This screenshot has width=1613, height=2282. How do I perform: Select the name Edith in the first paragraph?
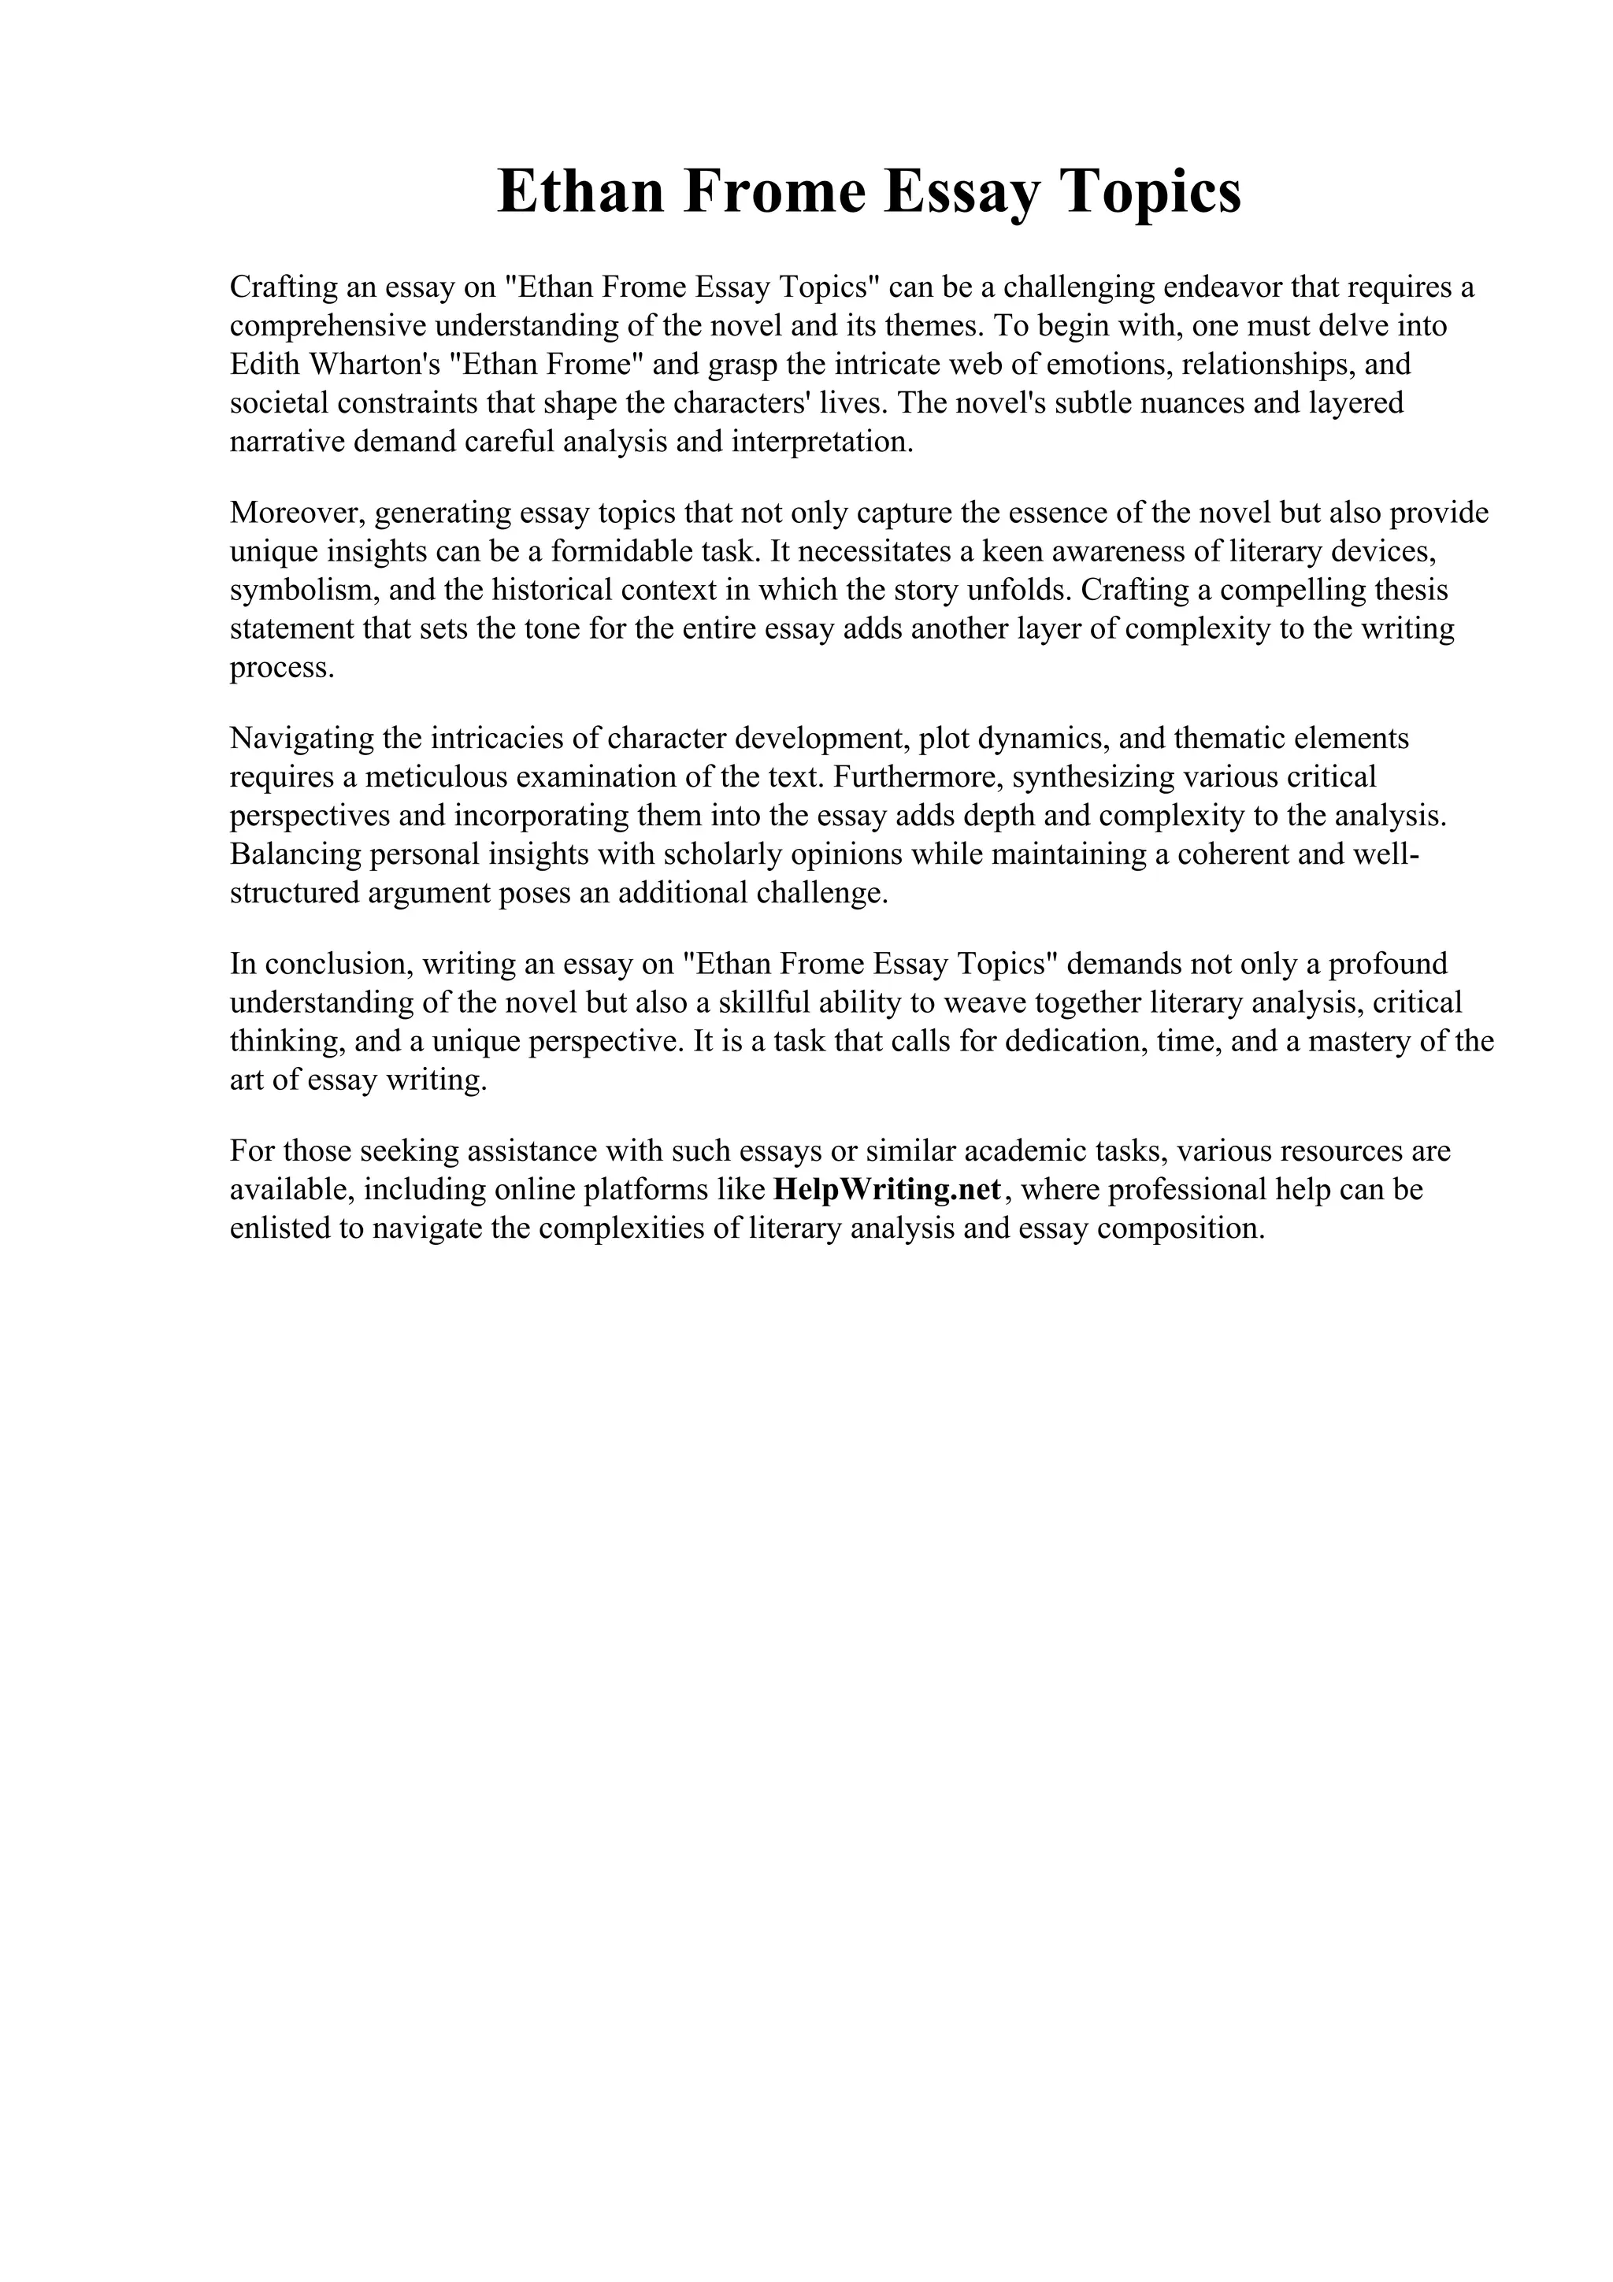[x=266, y=364]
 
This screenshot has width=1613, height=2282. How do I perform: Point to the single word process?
[x=282, y=667]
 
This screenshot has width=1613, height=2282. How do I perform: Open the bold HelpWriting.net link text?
[x=888, y=1190]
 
